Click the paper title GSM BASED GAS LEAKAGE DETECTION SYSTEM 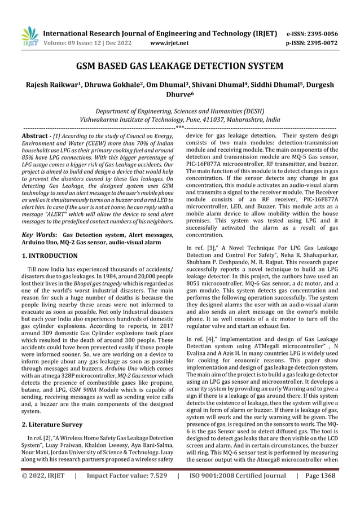click(x=180, y=67)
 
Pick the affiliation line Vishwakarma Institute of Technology click(x=180, y=120)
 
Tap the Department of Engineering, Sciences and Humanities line click(x=180, y=111)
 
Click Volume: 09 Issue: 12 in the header click(x=79, y=42)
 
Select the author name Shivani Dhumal click(x=212, y=85)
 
